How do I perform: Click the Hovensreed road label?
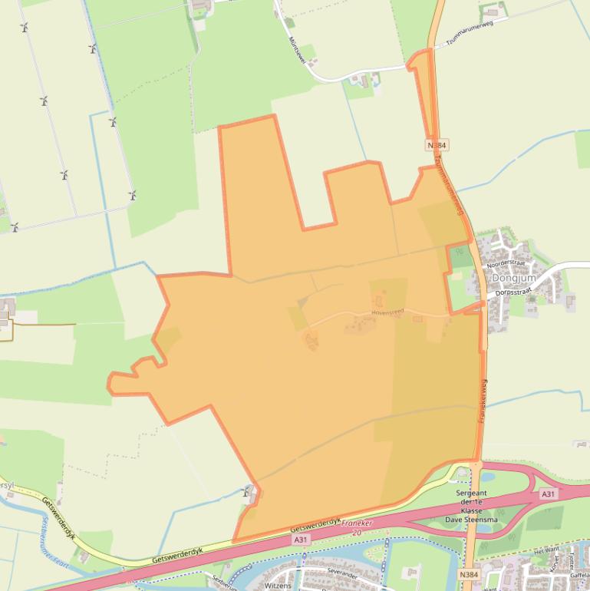coord(387,312)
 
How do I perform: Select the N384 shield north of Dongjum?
coord(437,144)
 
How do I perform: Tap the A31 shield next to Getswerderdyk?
coord(301,540)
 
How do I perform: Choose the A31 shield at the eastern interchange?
coord(548,494)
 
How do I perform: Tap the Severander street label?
coord(321,572)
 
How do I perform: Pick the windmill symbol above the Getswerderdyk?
coord(249,491)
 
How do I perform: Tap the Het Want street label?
coord(546,550)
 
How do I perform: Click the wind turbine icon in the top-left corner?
coord(25,28)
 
